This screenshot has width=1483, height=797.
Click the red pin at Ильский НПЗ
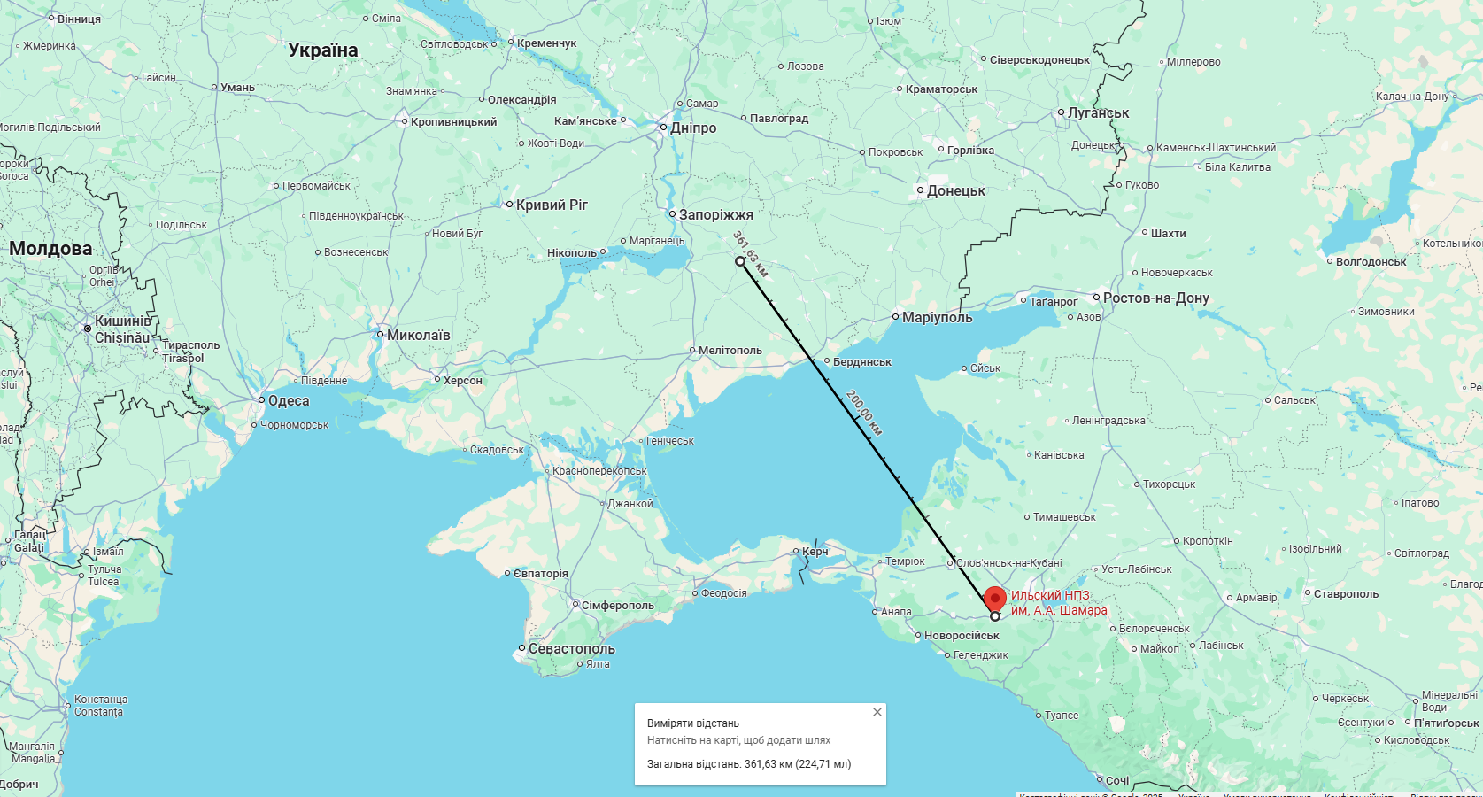995,599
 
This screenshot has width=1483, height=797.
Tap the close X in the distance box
877,712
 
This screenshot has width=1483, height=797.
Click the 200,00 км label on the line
863,413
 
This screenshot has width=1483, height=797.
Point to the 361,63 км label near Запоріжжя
750,254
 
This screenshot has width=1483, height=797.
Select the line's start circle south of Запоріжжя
740,261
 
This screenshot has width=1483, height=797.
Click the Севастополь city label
571,649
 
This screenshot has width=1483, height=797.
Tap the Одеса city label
289,401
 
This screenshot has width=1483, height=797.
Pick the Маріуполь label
937,318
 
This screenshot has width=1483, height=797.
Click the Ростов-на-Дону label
1155,298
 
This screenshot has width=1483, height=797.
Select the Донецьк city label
955,191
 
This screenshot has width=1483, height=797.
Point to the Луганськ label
1098,113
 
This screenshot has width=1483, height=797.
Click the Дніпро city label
693,128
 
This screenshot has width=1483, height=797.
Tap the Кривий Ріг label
552,205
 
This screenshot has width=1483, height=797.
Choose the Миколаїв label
418,336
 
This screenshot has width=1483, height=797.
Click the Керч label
815,552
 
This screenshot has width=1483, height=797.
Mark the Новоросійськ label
962,636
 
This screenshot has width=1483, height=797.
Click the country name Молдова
50,249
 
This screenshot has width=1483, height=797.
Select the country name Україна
323,50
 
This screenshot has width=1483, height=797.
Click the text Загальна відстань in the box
693,764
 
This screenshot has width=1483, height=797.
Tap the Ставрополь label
1346,594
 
